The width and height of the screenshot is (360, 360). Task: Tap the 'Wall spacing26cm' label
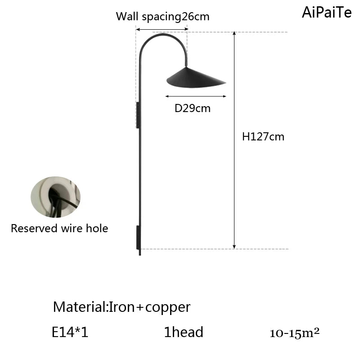(x=163, y=17)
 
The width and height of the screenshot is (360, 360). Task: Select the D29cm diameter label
(x=192, y=108)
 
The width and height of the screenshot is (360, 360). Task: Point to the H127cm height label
(x=263, y=137)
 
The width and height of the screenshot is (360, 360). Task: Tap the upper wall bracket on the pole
(x=138, y=114)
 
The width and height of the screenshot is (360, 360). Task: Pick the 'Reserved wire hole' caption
(x=59, y=229)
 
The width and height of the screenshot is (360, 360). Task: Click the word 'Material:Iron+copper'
(x=121, y=307)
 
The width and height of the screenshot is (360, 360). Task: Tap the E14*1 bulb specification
(x=70, y=333)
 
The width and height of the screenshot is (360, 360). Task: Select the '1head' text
(x=184, y=333)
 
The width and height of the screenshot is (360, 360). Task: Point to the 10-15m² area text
(x=294, y=333)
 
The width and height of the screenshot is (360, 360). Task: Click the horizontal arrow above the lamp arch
(x=162, y=29)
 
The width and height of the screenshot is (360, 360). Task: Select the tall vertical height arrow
(x=234, y=140)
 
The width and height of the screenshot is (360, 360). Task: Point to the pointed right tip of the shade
(x=225, y=82)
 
